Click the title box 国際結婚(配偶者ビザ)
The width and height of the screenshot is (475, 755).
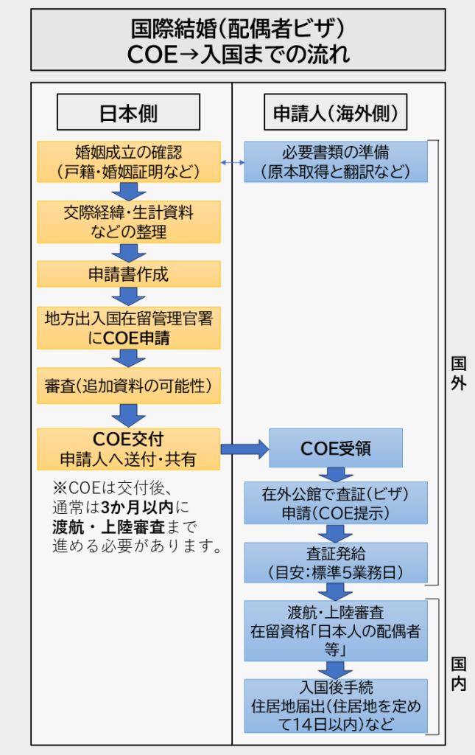tap(237, 41)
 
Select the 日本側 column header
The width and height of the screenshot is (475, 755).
tap(128, 113)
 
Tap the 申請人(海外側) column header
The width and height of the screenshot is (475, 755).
tap(335, 113)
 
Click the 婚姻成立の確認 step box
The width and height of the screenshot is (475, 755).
tap(129, 162)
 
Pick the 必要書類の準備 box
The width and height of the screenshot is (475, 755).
tap(335, 162)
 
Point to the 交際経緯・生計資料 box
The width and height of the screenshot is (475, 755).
tap(129, 222)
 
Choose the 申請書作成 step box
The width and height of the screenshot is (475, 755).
tap(129, 274)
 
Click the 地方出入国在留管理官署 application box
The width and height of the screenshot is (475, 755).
tap(129, 327)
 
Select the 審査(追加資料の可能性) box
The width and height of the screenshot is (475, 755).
tap(129, 386)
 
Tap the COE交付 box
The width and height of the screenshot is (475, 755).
tap(129, 449)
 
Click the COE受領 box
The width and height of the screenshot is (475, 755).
tap(336, 448)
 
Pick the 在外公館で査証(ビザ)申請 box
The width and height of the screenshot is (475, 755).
tap(335, 502)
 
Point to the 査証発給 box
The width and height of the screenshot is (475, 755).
tap(335, 563)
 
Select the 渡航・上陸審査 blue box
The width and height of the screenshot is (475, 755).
tap(335, 630)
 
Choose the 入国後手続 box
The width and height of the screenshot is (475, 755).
tap(335, 705)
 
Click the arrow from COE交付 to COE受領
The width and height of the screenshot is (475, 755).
tap(244, 448)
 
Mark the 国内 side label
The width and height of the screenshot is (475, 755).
tap(458, 674)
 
